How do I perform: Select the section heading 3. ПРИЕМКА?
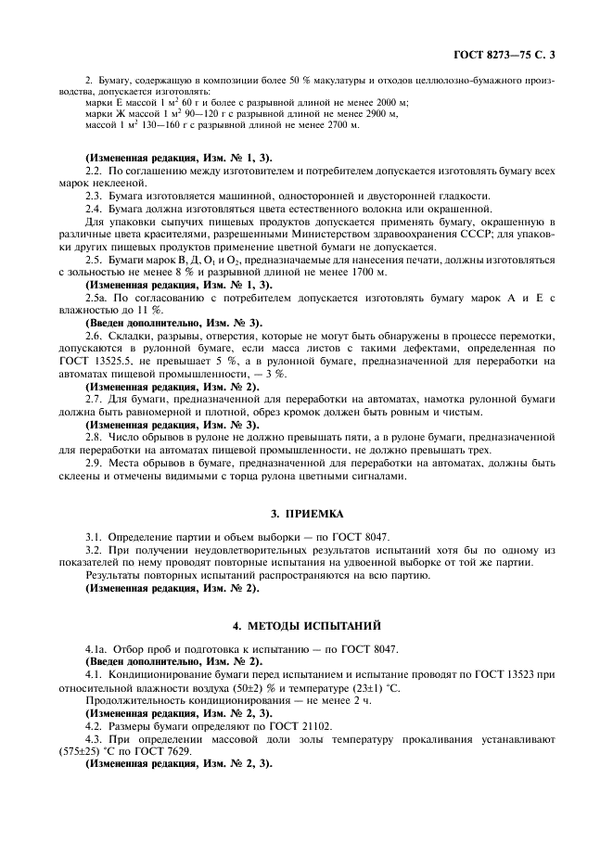coord(306,511)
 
